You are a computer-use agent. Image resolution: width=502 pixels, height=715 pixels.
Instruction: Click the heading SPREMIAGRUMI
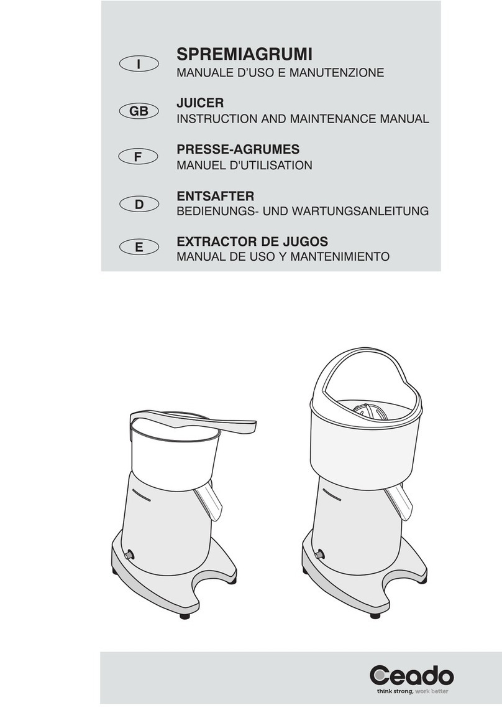tap(244, 55)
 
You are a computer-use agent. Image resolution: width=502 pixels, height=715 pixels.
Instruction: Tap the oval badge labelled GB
tap(139, 111)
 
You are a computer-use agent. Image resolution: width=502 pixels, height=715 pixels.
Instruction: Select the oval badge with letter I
tap(139, 64)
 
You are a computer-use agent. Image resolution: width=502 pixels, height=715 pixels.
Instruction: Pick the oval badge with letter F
tap(139, 157)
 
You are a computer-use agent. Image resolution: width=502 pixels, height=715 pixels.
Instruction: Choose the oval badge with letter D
tap(139, 205)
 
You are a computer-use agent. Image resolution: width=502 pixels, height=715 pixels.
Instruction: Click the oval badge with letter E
tap(139, 247)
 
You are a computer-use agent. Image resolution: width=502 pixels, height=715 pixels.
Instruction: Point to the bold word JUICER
tap(200, 103)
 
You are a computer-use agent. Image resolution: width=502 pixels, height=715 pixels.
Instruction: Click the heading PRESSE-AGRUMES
tap(238, 149)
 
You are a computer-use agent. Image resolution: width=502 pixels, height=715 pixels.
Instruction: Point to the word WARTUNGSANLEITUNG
tap(360, 211)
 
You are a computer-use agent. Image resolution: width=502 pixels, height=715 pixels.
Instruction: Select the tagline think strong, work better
tap(413, 692)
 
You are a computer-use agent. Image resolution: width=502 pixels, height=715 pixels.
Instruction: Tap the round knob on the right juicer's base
tap(320, 554)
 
